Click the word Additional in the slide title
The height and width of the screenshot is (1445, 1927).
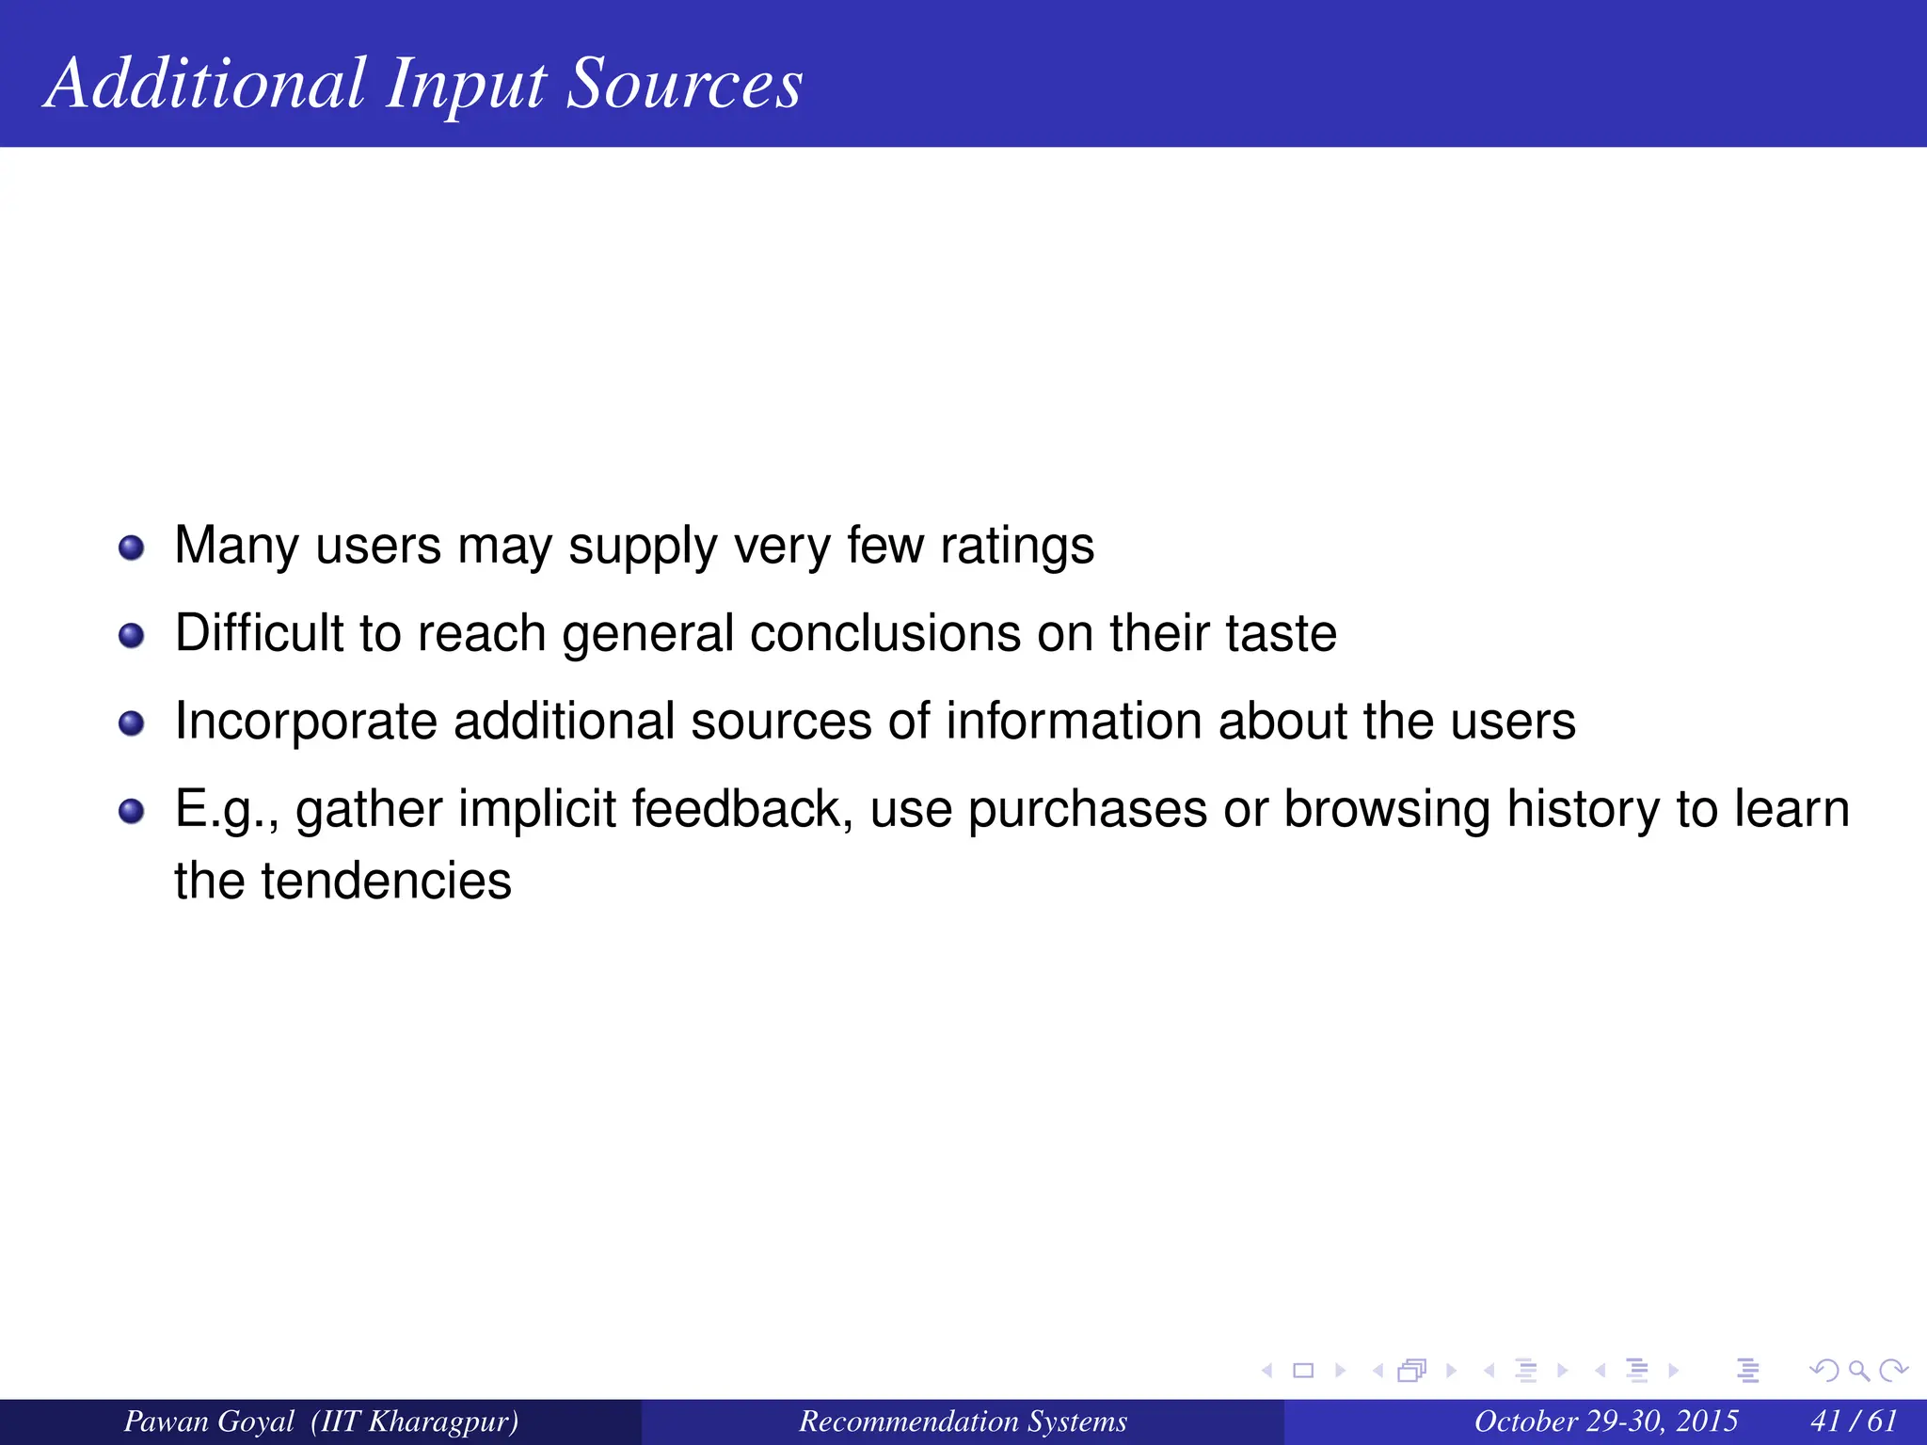click(205, 85)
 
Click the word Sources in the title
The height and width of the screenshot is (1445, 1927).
click(684, 85)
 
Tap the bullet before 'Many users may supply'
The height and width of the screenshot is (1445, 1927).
click(132, 548)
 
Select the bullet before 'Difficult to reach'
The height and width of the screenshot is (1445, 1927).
click(132, 635)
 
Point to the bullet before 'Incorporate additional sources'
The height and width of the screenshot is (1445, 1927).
click(132, 723)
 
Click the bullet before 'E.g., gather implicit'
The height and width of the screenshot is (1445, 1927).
click(132, 811)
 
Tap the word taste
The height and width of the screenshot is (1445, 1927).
click(1281, 633)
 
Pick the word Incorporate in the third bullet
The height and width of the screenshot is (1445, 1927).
click(306, 722)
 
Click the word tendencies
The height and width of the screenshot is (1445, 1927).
click(386, 881)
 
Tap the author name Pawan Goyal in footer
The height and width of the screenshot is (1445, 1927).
click(209, 1421)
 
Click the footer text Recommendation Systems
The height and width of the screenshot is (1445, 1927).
click(963, 1421)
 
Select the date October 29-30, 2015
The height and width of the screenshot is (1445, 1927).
click(1605, 1421)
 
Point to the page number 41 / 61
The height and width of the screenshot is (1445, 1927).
click(1853, 1421)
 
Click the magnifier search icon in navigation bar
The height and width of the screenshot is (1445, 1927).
click(1858, 1371)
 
